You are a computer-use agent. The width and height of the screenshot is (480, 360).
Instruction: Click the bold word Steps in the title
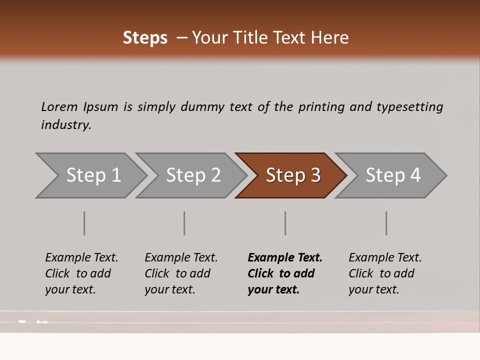(x=145, y=37)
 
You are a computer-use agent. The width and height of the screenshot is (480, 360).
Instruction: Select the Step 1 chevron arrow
(x=90, y=175)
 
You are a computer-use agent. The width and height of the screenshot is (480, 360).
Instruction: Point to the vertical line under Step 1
(x=84, y=223)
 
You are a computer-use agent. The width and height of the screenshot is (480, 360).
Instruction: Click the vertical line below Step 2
(x=184, y=223)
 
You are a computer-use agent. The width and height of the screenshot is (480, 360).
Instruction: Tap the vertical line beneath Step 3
(x=285, y=223)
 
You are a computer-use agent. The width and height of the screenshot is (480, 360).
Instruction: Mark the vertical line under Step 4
(x=386, y=223)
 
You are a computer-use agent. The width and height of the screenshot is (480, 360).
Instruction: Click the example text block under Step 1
(x=81, y=273)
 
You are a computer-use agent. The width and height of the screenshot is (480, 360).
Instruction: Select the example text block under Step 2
(x=181, y=273)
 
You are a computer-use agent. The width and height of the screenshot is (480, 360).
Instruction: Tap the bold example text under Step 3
(x=285, y=273)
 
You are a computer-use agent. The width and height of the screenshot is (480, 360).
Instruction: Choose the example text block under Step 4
(x=385, y=273)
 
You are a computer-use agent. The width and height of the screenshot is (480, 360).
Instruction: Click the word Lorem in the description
(x=59, y=106)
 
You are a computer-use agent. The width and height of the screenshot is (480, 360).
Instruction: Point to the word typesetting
(x=409, y=107)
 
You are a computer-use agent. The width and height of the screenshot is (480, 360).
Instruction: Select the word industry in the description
(x=66, y=125)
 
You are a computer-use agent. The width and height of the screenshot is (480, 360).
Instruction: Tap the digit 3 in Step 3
(x=315, y=175)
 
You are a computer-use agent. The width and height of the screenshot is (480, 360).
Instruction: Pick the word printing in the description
(x=321, y=107)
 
